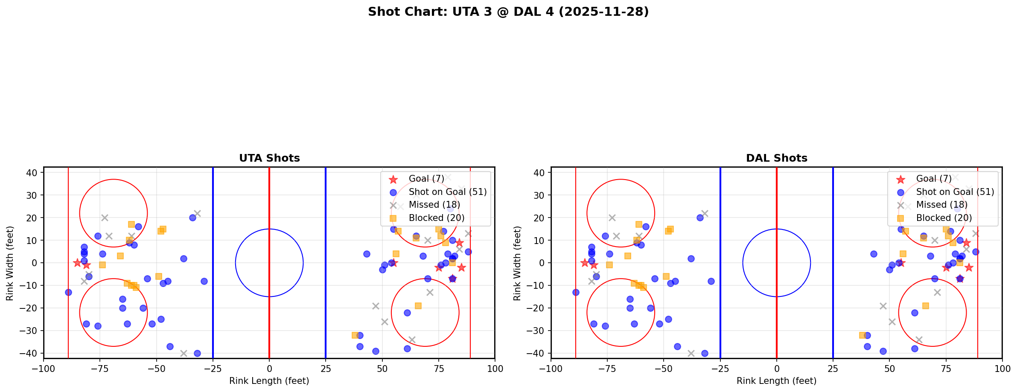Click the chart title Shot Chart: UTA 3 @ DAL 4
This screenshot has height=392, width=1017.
[x=508, y=12]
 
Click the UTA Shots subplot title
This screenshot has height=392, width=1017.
[x=269, y=158]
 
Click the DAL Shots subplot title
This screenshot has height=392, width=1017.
[x=776, y=158]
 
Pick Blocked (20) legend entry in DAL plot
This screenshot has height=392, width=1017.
[x=944, y=218]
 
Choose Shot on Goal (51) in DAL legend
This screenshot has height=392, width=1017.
[x=955, y=192]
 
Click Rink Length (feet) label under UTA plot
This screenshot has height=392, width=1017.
[x=269, y=381]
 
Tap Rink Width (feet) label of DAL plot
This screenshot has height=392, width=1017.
[x=517, y=263]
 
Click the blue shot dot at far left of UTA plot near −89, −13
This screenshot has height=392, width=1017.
[x=68, y=292]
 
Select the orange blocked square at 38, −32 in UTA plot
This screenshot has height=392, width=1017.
[x=355, y=335]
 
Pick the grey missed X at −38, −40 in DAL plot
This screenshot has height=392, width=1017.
[x=691, y=353]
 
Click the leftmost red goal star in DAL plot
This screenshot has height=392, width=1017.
[x=585, y=263]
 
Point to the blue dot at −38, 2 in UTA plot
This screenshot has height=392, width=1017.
[x=184, y=258]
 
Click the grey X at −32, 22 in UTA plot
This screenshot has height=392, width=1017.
[x=197, y=213]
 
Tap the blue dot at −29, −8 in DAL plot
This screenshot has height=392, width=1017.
[x=711, y=281]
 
